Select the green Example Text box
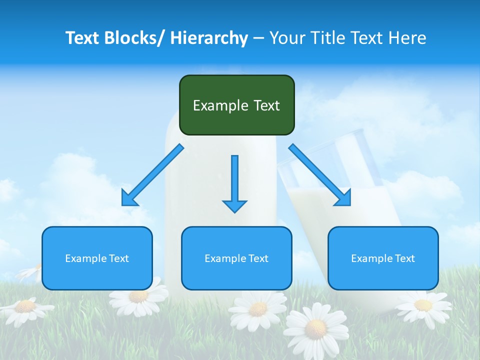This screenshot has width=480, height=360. [x=236, y=105]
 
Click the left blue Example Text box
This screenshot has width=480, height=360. [x=97, y=258]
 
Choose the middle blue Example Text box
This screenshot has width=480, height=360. [x=236, y=258]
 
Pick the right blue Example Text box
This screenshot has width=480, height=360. [x=383, y=258]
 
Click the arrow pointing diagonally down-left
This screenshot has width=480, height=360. [x=152, y=175]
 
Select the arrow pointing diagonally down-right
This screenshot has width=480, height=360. [x=320, y=175]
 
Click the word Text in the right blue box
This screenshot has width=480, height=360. [x=404, y=258]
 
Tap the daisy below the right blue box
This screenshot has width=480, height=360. [x=423, y=305]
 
